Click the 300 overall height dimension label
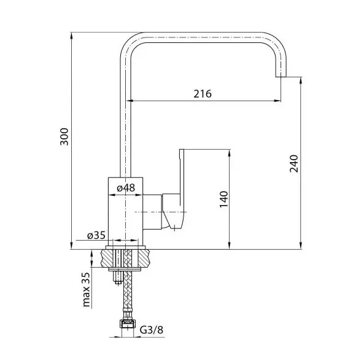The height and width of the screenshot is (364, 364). pos(64,136)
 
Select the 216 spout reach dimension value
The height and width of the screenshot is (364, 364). pos(203,94)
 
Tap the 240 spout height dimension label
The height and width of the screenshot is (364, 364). pos(293,163)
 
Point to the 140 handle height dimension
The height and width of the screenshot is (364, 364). pos(224,199)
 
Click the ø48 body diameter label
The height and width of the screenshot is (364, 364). pos(126,188)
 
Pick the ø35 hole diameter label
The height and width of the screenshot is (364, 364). pos(96,235)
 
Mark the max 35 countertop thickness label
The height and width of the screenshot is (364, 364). pos(86,289)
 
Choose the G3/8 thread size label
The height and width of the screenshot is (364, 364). pos(152,330)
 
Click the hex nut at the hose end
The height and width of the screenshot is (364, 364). pos(128,323)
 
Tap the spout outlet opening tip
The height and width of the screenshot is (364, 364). pos(281,77)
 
